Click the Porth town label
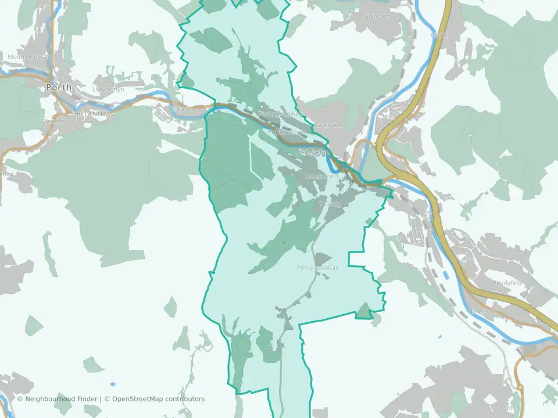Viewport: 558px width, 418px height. [x=59, y=87]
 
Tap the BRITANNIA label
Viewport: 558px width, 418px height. [x=91, y=113]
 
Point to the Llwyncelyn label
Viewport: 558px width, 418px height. [x=109, y=90]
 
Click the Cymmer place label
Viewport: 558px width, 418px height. [x=54, y=121]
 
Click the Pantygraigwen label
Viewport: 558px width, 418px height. [x=281, y=114]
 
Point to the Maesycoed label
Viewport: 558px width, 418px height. [x=321, y=175]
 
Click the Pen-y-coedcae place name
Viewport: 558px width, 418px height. [x=317, y=268]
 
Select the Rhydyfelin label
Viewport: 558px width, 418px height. [x=509, y=283]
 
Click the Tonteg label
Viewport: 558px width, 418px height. [x=509, y=408]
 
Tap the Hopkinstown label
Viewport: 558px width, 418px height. [x=286, y=132]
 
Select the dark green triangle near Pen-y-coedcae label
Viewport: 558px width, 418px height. [x=321, y=257]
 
